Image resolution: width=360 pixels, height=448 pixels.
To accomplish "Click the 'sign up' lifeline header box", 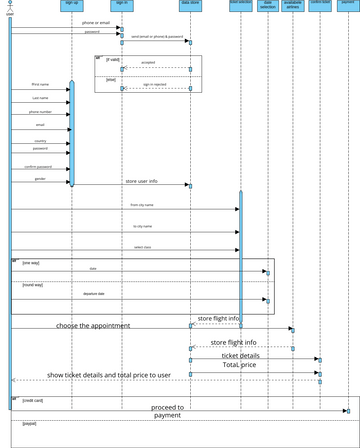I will [71, 4].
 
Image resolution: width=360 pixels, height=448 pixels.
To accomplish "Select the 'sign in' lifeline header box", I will [122, 4].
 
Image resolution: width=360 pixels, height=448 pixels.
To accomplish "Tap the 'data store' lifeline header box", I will [189, 4].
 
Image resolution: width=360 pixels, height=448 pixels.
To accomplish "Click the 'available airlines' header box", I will [293, 6].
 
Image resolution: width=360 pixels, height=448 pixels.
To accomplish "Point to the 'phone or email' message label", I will [97, 22].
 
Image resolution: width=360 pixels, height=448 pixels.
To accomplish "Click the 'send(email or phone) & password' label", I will [156, 37].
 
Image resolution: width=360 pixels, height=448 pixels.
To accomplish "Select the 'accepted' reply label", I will [148, 62].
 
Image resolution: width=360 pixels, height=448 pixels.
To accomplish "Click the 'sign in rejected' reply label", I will [154, 85].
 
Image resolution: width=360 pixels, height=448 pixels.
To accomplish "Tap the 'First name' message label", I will [41, 85].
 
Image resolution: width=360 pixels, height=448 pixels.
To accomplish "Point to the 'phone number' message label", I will [41, 112].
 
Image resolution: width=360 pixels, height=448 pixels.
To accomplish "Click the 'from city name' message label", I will [142, 204].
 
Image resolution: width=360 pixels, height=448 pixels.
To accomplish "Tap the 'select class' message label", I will [142, 246].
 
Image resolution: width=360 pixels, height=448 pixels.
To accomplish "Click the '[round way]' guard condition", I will [33, 285].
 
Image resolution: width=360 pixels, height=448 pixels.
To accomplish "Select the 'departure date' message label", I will [95, 294].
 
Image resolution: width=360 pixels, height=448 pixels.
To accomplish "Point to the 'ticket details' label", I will [240, 355].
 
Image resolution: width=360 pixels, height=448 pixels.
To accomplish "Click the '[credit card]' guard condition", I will [33, 400].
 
